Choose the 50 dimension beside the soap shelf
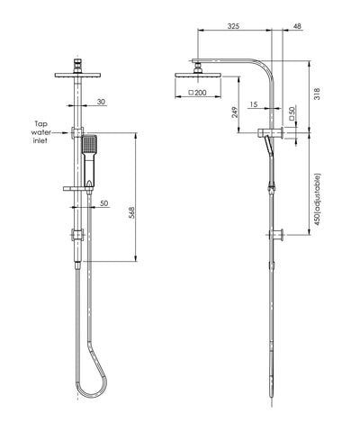(x=104, y=204)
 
